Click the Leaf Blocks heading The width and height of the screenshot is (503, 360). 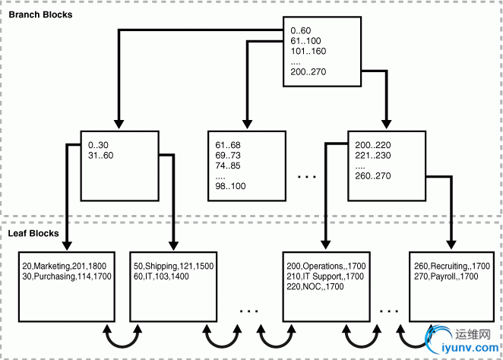click(x=33, y=233)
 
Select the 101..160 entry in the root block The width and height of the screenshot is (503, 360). click(x=308, y=52)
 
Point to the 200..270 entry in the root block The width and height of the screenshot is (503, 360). click(x=308, y=73)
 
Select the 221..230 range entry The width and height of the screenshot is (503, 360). click(x=373, y=154)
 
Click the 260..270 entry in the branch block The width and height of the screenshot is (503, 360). click(x=373, y=175)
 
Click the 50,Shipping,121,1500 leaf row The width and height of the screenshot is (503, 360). click(x=172, y=267)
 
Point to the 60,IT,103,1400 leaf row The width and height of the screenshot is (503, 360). click(x=162, y=277)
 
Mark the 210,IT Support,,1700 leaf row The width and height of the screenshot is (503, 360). click(x=324, y=277)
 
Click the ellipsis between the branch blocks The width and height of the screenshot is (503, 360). click(x=307, y=176)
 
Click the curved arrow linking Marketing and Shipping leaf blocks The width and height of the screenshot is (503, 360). click(x=122, y=336)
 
